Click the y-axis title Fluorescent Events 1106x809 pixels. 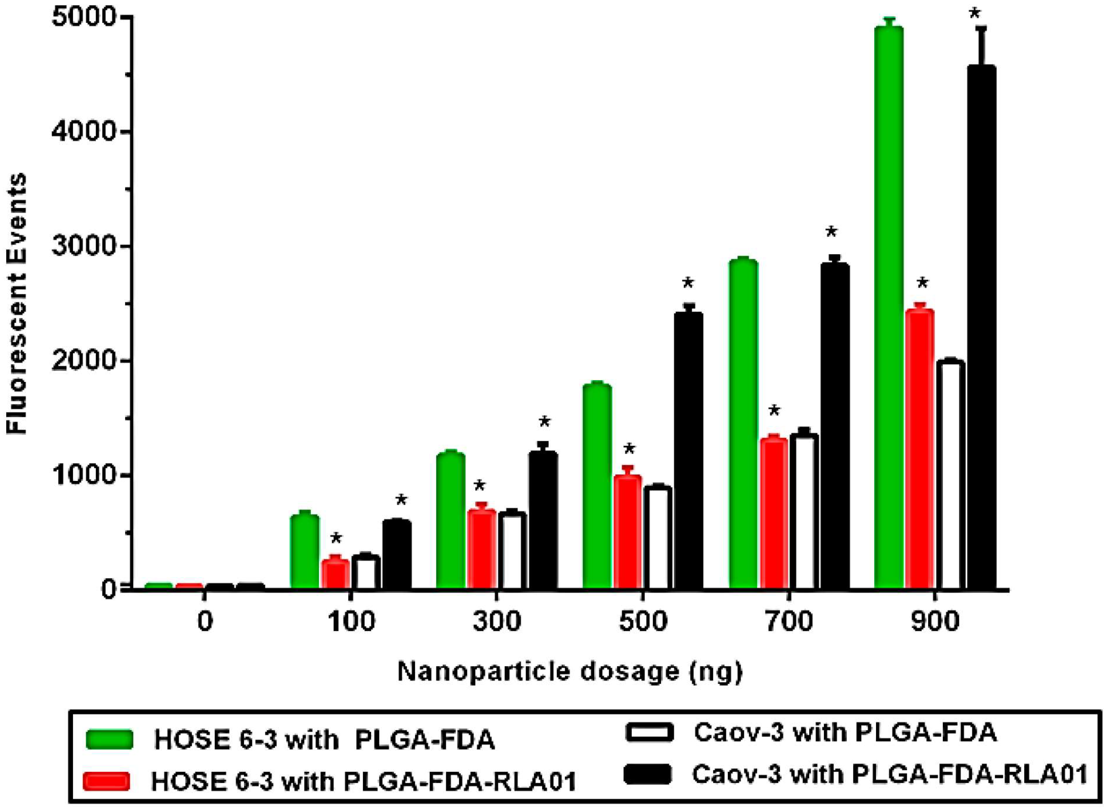pos(17,304)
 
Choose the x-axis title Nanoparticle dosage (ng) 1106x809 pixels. pos(570,672)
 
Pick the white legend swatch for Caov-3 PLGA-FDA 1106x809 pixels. pos(648,733)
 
